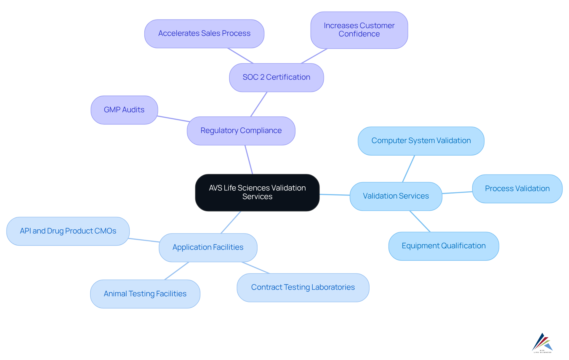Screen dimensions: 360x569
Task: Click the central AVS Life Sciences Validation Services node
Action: [257, 192]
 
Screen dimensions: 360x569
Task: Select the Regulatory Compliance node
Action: [241, 131]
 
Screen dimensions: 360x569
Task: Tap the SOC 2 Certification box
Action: [276, 77]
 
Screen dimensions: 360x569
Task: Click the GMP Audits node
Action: [124, 110]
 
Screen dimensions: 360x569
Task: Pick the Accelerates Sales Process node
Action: [204, 33]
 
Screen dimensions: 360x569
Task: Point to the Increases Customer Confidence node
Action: [359, 30]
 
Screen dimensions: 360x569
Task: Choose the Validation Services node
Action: [396, 196]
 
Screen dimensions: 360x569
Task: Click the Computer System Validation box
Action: [421, 141]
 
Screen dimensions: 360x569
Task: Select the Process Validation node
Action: [517, 189]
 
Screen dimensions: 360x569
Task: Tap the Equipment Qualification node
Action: [443, 246]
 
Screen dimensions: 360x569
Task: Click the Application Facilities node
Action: [208, 247]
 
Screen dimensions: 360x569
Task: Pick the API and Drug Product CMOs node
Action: [68, 231]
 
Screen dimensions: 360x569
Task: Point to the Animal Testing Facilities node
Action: [145, 294]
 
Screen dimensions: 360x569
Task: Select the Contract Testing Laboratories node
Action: [303, 287]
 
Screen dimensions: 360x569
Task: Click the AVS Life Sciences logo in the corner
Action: [542, 343]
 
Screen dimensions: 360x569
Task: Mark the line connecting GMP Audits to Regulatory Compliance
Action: [173, 119]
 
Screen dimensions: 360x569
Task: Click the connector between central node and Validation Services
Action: [335, 195]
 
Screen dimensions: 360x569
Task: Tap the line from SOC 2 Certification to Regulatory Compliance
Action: [259, 104]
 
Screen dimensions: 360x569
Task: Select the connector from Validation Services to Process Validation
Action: [457, 193]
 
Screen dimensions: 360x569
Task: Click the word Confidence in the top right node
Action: [359, 34]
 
